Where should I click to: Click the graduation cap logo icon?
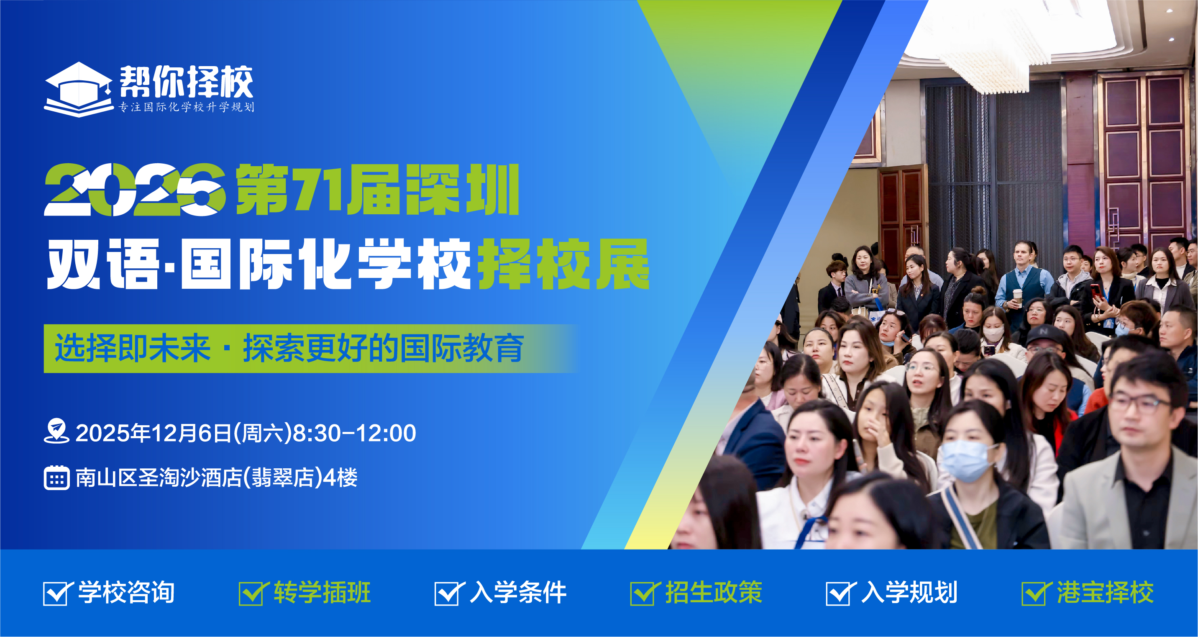coord(78,89)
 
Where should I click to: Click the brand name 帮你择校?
coord(187,82)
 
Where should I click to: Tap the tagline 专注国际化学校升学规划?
coord(187,107)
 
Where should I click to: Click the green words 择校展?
coord(564,264)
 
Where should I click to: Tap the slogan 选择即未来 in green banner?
coord(133,348)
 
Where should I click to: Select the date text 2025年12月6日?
coord(153,433)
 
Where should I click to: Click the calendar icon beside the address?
coord(57,478)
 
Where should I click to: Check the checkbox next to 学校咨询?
coord(57,593)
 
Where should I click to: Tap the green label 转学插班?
coord(322,592)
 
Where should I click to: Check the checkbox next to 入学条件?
coord(448,593)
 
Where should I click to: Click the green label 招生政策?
coord(714,592)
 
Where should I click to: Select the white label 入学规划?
coord(909,592)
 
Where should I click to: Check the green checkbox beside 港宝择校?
coord(1035,593)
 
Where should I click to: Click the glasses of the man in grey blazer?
coord(1144,403)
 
